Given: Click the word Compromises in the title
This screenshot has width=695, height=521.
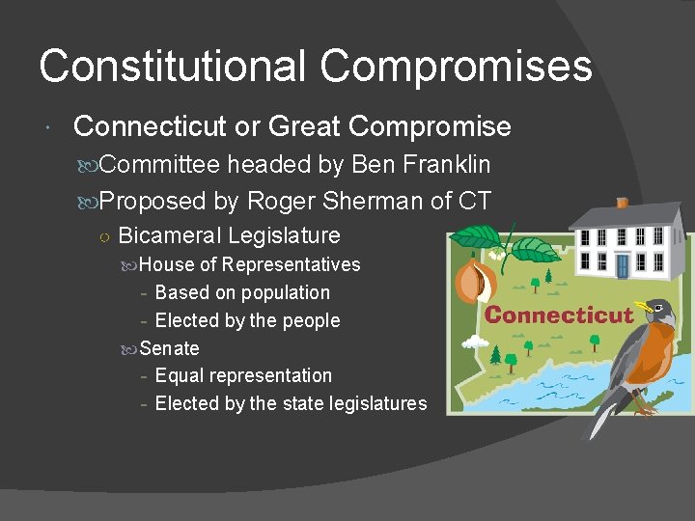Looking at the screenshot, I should coord(457,66).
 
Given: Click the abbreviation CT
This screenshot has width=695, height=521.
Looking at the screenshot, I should coord(474,202).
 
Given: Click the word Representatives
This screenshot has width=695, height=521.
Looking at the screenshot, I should coord(291,264).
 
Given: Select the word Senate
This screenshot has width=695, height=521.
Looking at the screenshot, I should coord(170,348).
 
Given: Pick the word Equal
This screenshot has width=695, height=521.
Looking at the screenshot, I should coord(179,375).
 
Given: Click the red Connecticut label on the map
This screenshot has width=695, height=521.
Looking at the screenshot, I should coord(559,315).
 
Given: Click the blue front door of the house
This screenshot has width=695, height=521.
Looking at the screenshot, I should coord(623,264).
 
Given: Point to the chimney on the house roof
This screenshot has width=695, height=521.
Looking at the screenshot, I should coord(623,203).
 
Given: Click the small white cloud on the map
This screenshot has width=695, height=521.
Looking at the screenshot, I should coord(474,341).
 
